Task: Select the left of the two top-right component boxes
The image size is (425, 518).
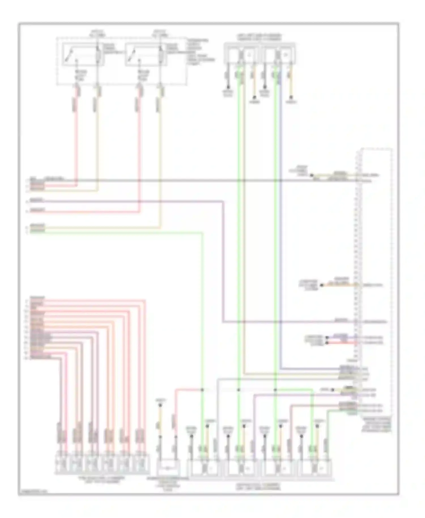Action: (x=241, y=53)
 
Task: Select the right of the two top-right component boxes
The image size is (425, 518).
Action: (x=279, y=53)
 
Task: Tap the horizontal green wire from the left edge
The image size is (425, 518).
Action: (x=113, y=232)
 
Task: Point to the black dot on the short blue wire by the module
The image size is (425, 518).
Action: (x=326, y=338)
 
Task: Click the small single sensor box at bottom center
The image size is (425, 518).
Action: (x=168, y=467)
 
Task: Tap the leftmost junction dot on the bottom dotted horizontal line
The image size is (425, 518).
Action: (x=202, y=390)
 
